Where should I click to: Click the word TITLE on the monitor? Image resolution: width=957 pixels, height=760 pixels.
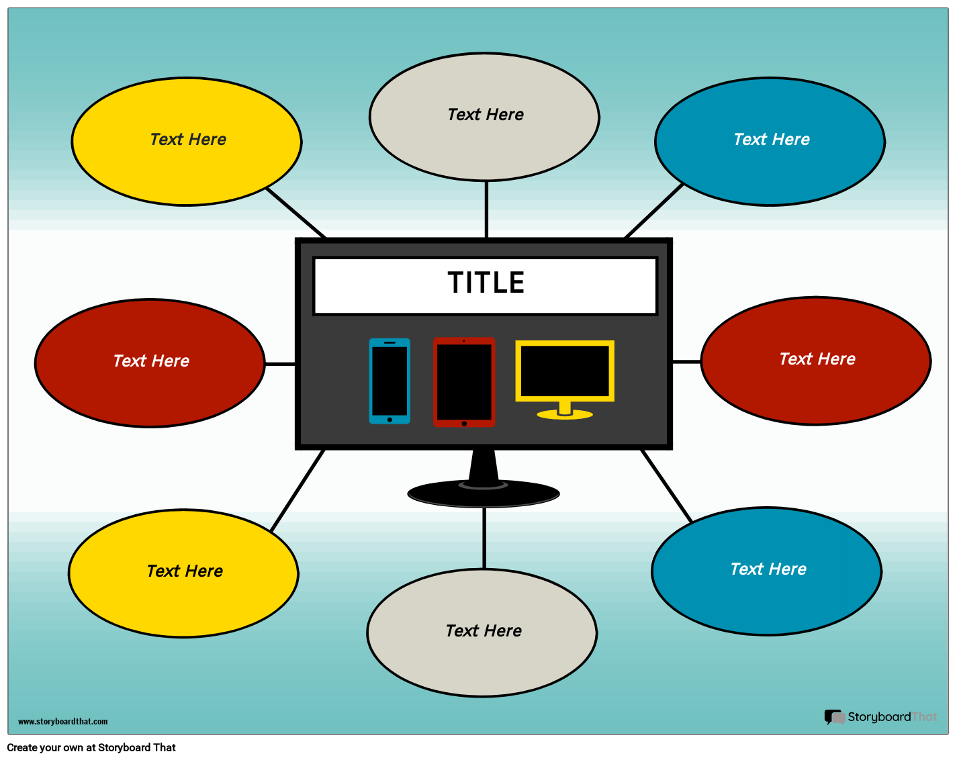[486, 283]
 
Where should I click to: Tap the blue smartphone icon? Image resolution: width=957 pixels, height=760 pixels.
[390, 381]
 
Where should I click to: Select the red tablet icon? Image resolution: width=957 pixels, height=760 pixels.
[464, 381]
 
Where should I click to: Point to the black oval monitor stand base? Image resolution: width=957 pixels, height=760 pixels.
[484, 495]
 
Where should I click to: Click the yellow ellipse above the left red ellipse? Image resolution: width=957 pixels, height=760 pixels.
[187, 142]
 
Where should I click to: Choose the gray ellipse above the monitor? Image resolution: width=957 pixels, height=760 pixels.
[484, 117]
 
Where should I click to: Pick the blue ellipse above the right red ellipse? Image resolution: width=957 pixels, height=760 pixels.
[770, 142]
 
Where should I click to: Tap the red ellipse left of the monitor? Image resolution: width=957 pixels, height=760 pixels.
[150, 363]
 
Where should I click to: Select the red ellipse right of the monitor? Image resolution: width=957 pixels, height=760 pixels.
[816, 361]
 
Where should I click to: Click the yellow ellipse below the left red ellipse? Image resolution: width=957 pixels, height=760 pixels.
[183, 573]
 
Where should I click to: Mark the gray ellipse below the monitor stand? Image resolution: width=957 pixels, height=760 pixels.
[482, 632]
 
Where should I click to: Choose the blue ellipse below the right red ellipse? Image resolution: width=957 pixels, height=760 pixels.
[766, 571]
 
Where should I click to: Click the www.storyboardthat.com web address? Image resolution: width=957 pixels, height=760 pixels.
[62, 722]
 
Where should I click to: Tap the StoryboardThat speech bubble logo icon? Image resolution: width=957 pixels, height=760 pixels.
[834, 717]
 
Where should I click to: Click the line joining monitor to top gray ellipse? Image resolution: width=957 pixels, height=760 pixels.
[486, 209]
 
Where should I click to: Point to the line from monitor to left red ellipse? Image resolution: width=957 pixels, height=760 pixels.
[280, 364]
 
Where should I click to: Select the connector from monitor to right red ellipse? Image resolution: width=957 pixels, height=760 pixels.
[686, 361]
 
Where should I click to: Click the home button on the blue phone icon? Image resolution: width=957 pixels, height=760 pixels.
[390, 420]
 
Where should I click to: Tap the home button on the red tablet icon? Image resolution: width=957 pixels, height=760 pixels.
[464, 424]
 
